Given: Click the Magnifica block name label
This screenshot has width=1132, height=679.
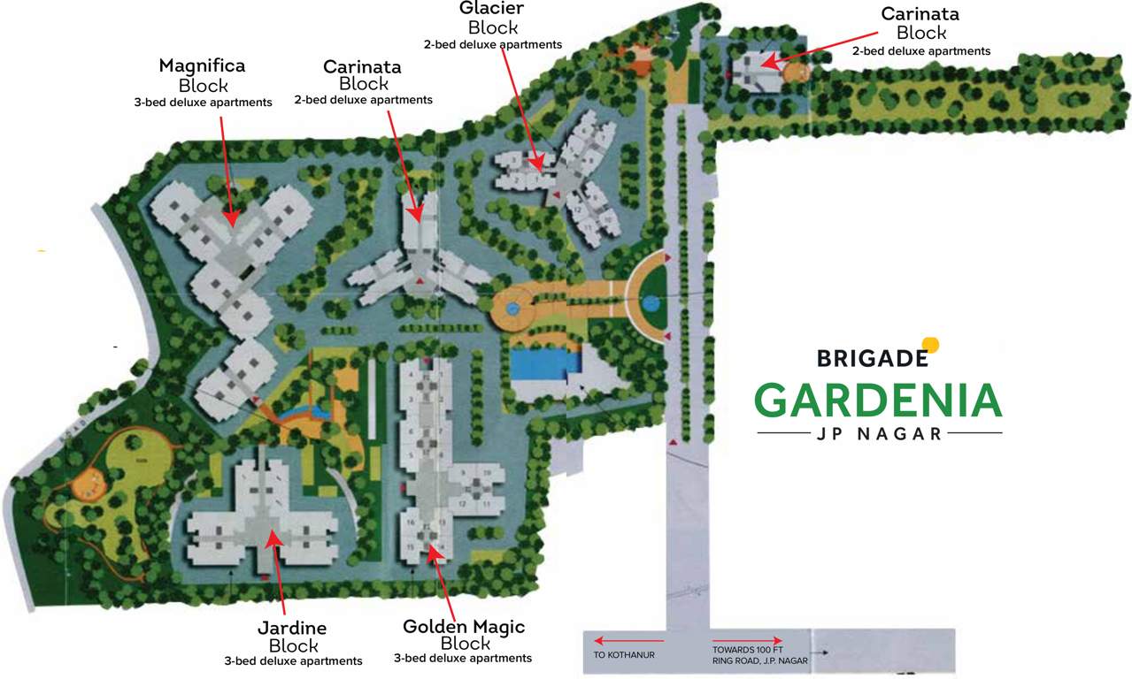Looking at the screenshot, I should point(202,66).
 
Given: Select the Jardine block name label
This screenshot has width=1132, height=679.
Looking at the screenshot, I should point(292,629).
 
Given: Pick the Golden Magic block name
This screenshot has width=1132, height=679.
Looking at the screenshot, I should point(464,627).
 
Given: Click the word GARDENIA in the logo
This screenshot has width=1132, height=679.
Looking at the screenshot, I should point(877,401).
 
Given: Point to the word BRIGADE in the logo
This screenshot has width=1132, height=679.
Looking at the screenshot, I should point(872,358).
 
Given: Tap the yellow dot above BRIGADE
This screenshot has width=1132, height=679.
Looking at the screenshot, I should point(929,345).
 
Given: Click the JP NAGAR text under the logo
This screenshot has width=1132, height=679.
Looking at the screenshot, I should point(880,433).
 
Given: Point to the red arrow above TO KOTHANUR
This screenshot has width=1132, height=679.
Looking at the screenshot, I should point(629,640).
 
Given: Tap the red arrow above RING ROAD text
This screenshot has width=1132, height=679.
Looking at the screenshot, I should point(747,640).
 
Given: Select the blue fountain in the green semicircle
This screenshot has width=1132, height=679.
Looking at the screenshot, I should point(652,303).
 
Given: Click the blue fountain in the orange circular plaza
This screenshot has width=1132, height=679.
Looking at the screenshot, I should point(512,309).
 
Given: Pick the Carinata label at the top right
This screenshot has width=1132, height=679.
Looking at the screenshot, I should point(920,14).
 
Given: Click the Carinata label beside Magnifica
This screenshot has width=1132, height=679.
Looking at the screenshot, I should point(362,67).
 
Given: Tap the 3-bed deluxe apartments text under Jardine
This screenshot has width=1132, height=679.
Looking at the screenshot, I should point(293,661).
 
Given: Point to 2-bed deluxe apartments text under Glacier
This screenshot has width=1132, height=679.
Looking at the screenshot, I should point(492,44).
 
